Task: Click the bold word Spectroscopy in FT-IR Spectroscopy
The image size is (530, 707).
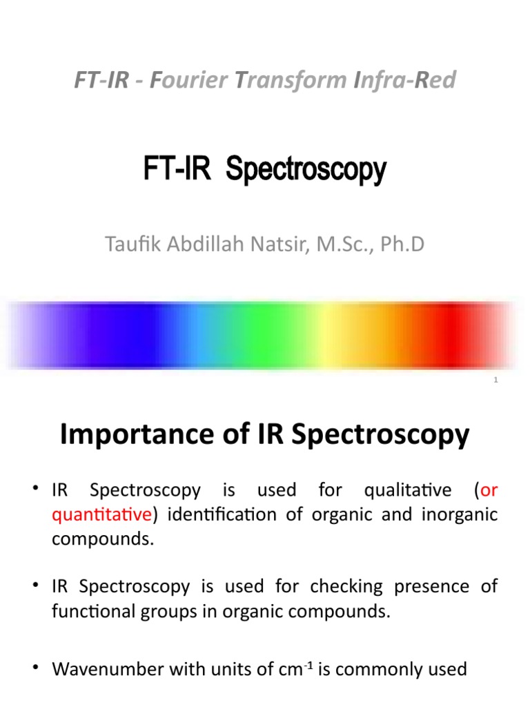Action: point(306,170)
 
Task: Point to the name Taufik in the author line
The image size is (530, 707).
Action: point(128,244)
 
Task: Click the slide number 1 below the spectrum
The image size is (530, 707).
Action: point(495,380)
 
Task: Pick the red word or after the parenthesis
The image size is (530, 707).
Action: point(489,490)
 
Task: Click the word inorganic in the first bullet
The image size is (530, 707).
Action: point(462,514)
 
